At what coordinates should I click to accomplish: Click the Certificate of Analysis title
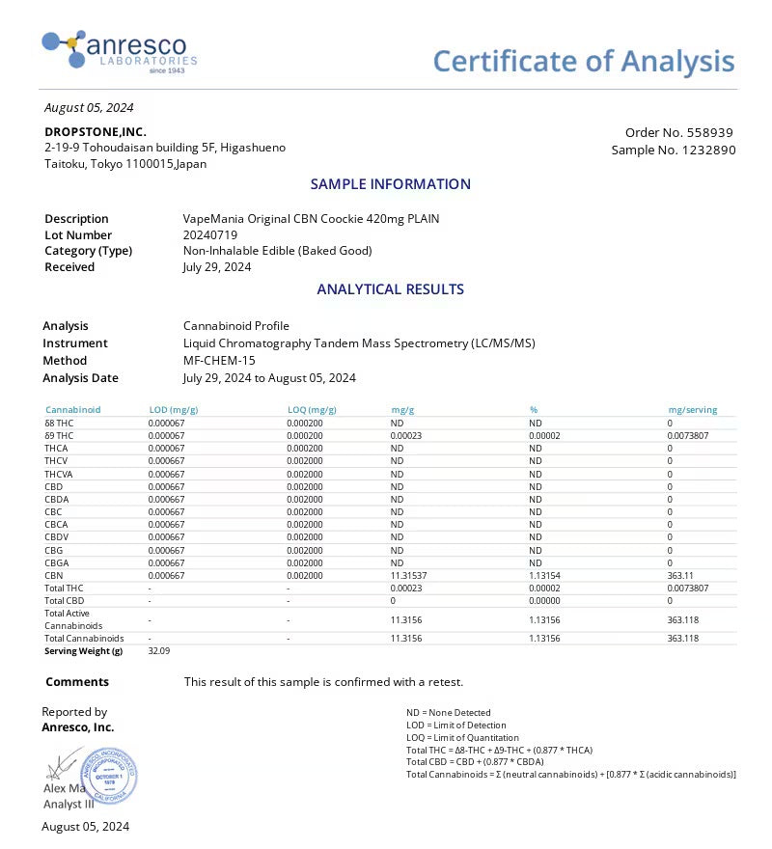coord(583,61)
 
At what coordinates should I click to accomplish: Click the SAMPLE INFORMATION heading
coord(390,183)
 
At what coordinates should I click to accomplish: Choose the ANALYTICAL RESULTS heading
coord(390,288)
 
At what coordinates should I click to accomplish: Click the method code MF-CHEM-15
coord(220,360)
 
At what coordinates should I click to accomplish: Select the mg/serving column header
coord(692,410)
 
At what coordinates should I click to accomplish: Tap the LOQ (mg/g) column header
coord(312,410)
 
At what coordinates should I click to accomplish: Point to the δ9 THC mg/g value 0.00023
coord(406,435)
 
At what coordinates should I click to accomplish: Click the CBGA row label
coord(56,562)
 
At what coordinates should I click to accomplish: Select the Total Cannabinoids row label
coord(84,638)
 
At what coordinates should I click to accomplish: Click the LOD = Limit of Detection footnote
coord(456,725)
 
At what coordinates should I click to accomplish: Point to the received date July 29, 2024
coord(217,266)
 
